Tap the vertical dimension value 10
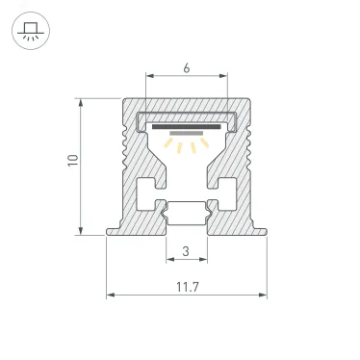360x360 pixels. [70, 164]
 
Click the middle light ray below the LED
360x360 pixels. [187, 146]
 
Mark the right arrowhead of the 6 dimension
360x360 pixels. [225, 76]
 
